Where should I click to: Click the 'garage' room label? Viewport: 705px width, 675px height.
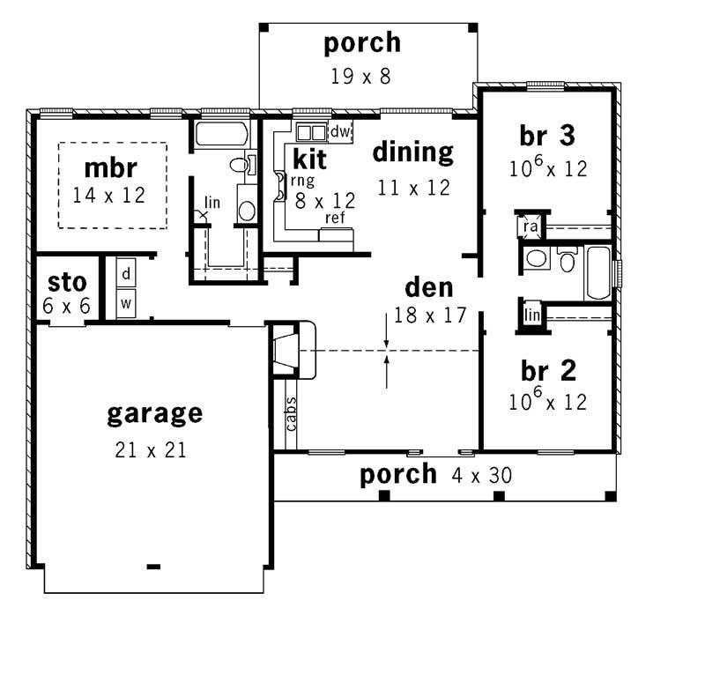tap(154, 413)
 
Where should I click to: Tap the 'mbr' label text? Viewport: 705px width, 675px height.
tap(112, 167)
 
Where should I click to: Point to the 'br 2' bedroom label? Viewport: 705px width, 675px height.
tap(546, 369)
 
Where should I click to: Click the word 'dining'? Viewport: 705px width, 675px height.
tap(412, 152)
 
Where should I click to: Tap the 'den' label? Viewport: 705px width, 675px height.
tap(429, 287)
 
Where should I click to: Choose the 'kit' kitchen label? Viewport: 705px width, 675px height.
tap(309, 159)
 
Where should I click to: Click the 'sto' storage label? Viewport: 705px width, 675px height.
tap(68, 283)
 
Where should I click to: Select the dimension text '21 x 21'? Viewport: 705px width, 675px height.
tap(150, 450)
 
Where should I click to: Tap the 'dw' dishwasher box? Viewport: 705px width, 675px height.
tap(340, 132)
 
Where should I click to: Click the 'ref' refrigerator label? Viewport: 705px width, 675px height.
tap(335, 218)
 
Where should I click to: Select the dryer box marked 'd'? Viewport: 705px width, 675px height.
tap(126, 273)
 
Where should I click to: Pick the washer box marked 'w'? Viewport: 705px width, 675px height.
tap(126, 302)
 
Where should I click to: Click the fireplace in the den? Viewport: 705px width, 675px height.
tap(289, 351)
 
